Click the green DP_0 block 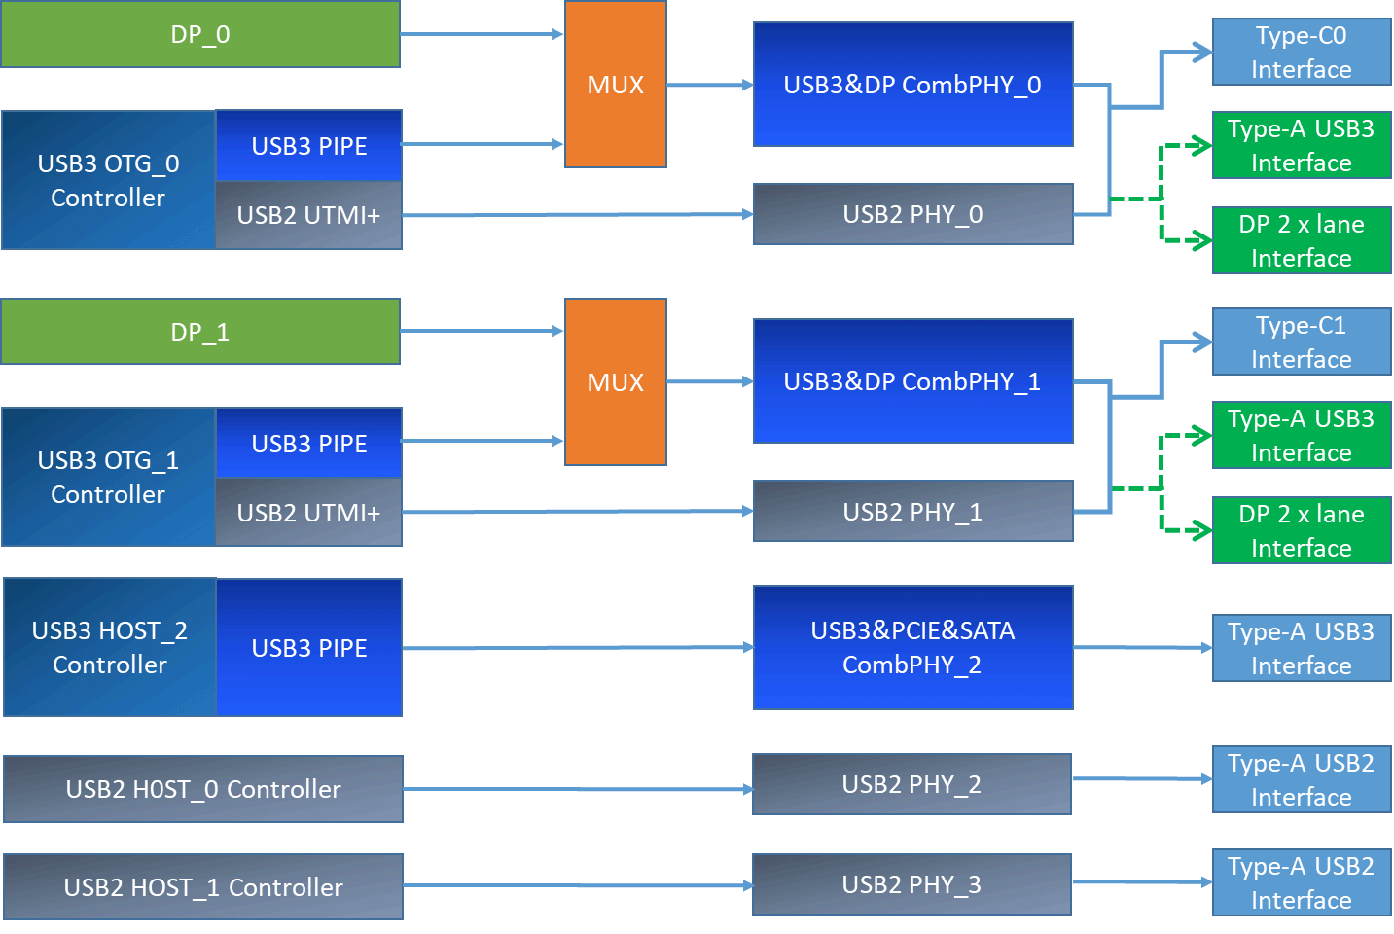coord(200,34)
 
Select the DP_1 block coord(200,332)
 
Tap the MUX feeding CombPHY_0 coord(616,85)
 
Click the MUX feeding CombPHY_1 coord(616,381)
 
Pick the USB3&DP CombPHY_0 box coord(912,85)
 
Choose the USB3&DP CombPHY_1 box coord(912,381)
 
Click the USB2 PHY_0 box coord(912,214)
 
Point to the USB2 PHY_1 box coord(912,512)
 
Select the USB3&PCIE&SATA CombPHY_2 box coord(912,647)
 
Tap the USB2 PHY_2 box coord(911,784)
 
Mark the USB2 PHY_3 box coord(911,884)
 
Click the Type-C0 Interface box coord(1302,53)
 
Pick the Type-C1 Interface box coord(1302,341)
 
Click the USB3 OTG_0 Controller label coord(108,180)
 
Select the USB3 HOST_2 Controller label coord(110,647)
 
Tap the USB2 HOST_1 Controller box coord(203,886)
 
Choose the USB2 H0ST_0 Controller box coord(203,789)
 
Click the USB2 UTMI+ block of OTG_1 coord(308,512)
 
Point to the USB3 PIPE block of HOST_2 coord(309,648)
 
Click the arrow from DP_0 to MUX coord(482,34)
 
